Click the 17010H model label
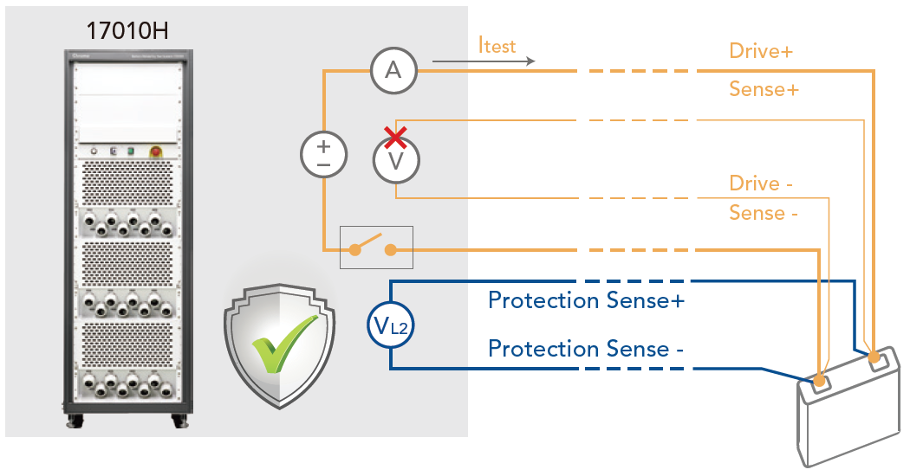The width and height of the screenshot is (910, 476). click(127, 31)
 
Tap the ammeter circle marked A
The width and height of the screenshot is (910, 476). click(393, 71)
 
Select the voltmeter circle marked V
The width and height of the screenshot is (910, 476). click(396, 160)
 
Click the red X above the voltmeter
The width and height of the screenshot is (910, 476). click(395, 138)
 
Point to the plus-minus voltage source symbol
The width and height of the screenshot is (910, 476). click(324, 155)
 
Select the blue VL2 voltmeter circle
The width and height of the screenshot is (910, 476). click(391, 325)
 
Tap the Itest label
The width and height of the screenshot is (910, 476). click(497, 45)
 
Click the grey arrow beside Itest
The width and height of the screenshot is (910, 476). click(484, 61)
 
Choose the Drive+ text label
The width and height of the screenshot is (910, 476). click(761, 51)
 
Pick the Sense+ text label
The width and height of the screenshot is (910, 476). click(764, 89)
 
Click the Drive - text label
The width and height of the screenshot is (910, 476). click(761, 183)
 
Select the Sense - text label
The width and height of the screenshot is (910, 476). click(764, 214)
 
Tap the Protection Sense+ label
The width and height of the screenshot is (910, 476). click(586, 300)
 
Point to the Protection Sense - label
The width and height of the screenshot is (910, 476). click(586, 349)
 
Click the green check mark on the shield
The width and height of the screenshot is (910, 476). click(284, 344)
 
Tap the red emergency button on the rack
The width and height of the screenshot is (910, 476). click(155, 151)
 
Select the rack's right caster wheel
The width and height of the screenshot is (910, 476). click(180, 421)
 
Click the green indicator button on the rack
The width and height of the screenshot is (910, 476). click(131, 151)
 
